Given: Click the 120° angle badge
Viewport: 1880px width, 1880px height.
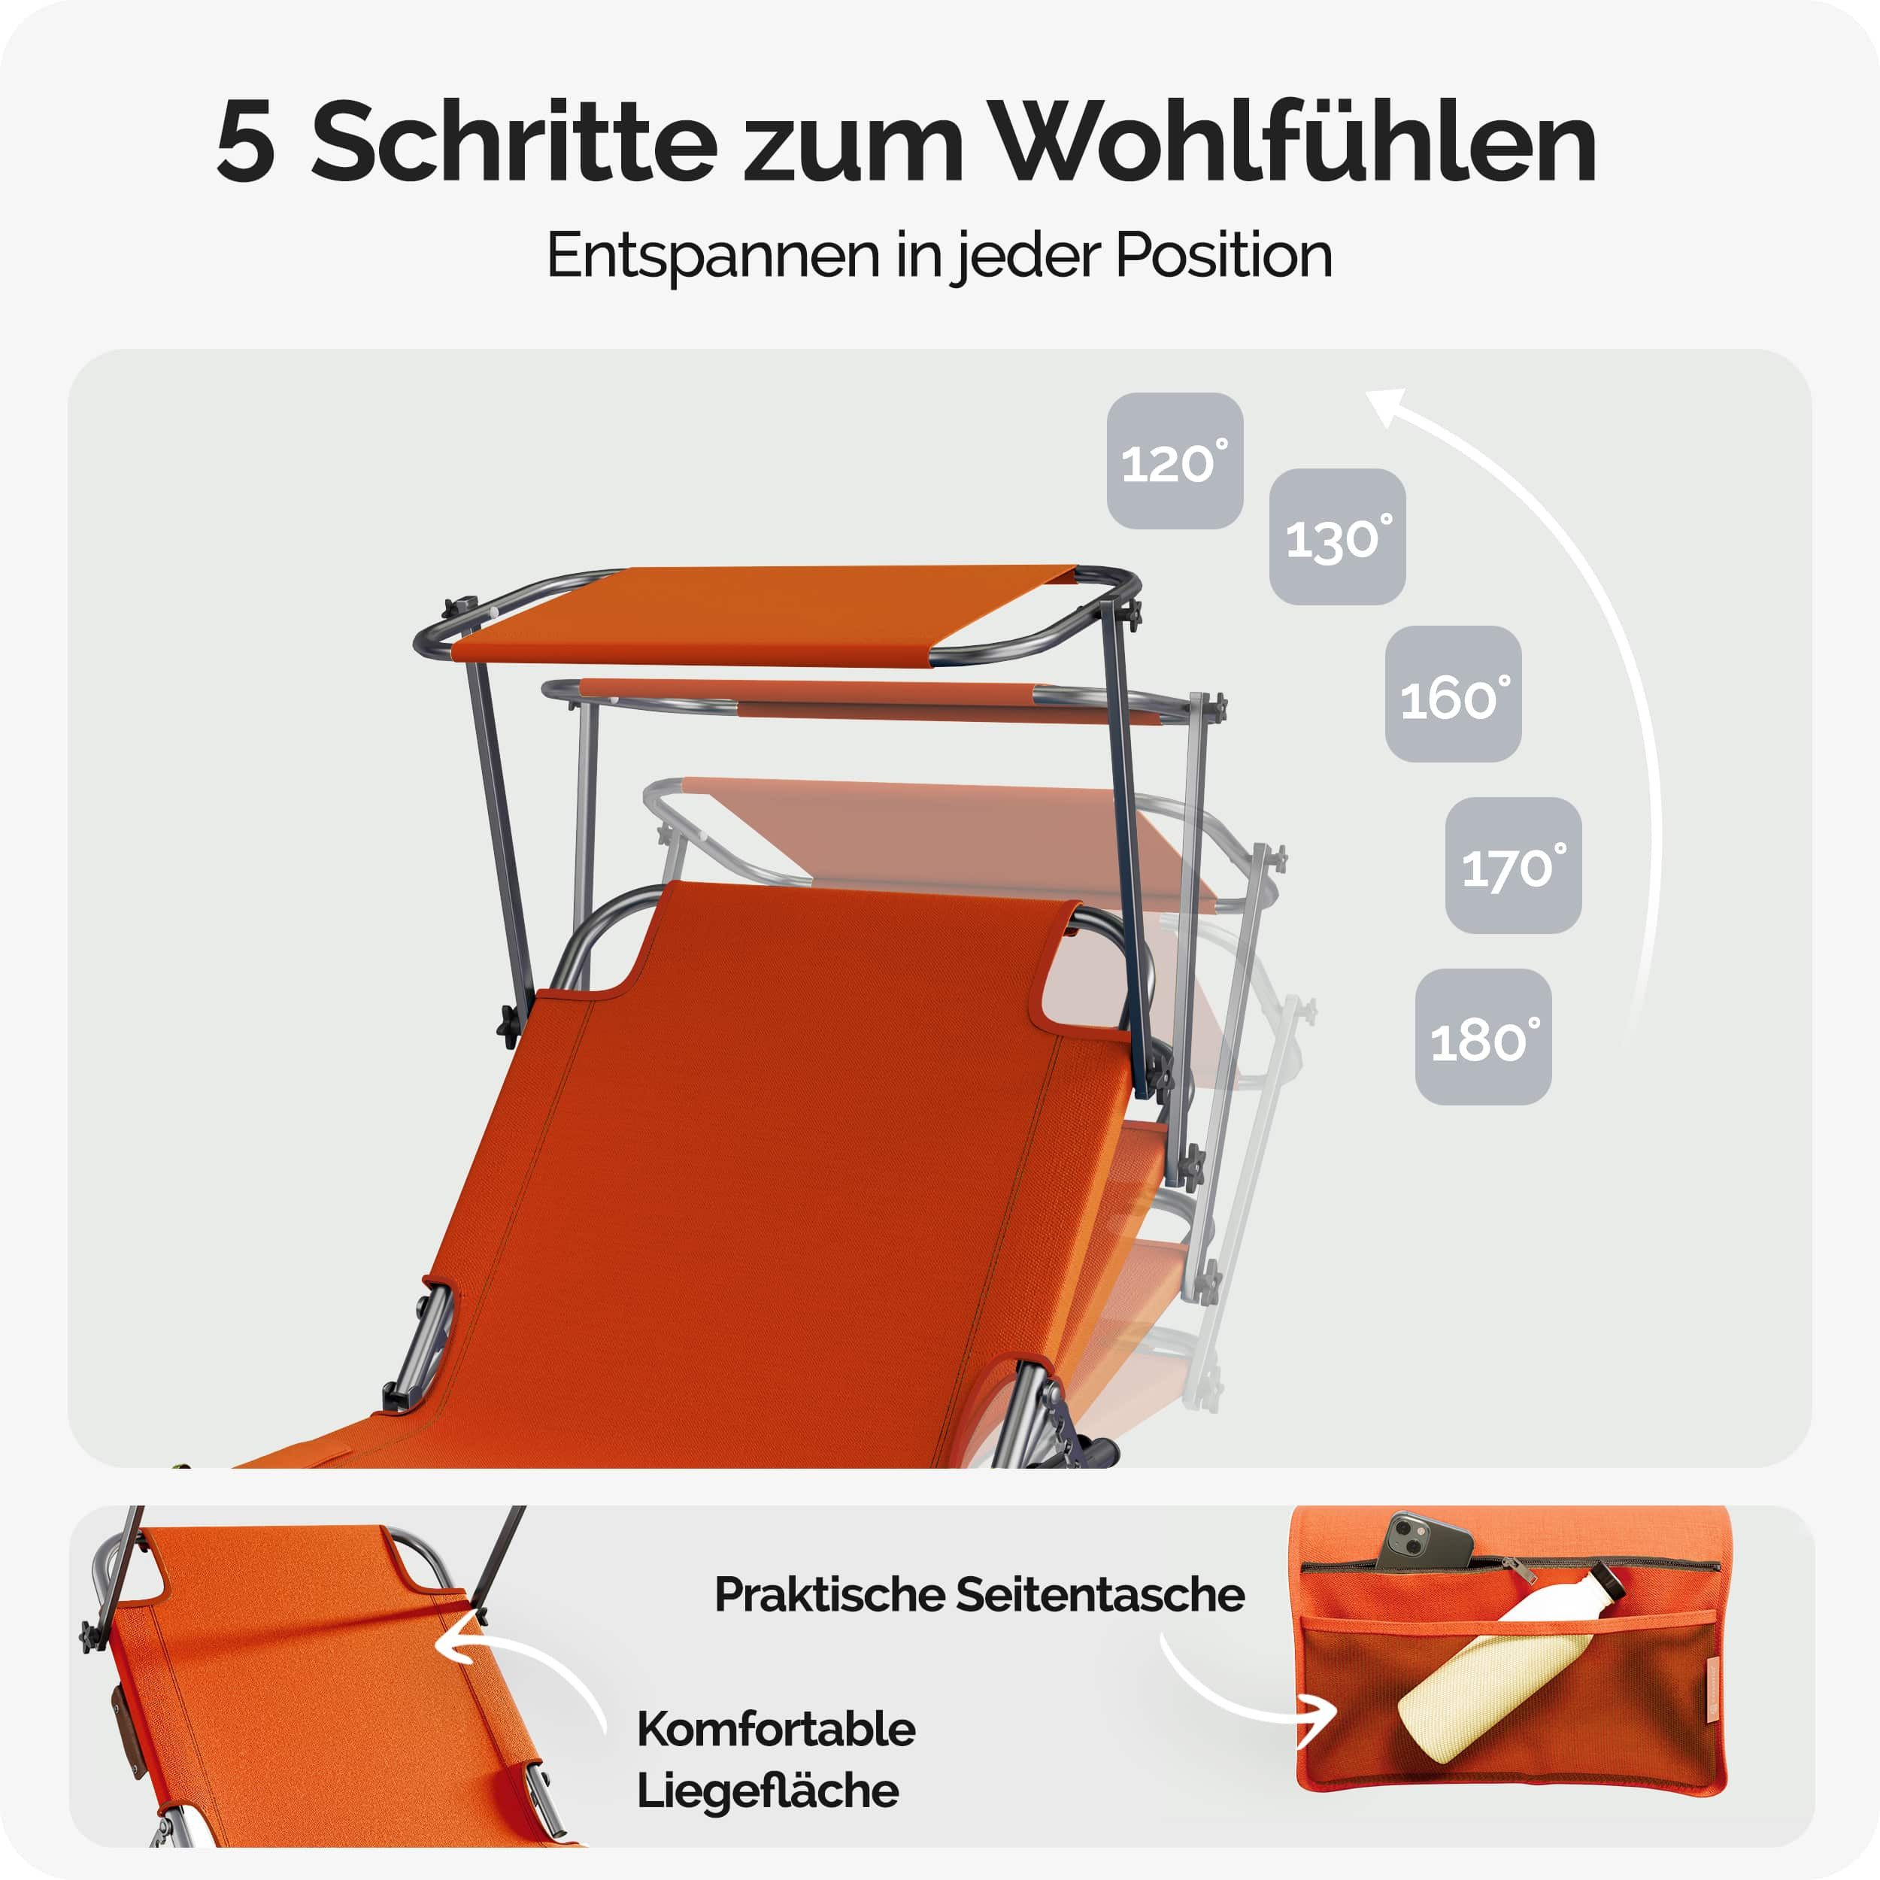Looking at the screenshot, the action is (x=1175, y=461).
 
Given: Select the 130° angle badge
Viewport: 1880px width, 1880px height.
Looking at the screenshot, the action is (x=1337, y=537).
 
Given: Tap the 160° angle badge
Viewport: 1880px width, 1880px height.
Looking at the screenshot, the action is (x=1453, y=694).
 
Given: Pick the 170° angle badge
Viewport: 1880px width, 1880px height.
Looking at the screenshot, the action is (x=1513, y=865).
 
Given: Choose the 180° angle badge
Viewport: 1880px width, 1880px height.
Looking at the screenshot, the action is (x=1483, y=1036).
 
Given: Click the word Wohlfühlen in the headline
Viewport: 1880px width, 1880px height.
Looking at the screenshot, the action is (x=1297, y=141).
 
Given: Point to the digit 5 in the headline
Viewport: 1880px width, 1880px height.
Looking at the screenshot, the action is (x=245, y=143).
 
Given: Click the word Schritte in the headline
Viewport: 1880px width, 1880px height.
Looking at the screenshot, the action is (x=513, y=141).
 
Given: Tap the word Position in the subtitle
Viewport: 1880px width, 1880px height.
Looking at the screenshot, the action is (x=1224, y=256).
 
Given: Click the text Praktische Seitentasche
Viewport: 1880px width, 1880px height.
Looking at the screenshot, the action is (x=980, y=1595).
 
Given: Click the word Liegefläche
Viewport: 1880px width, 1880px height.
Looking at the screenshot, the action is (x=768, y=1791).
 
